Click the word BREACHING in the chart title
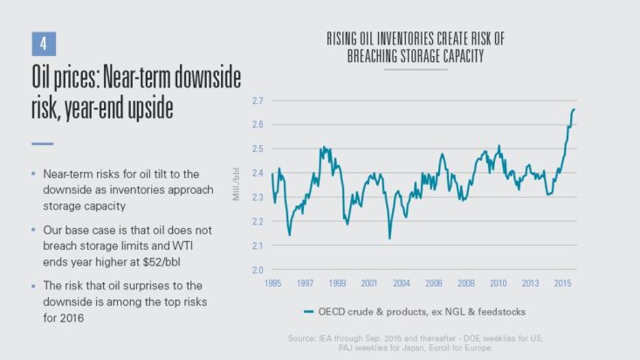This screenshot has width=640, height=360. pos(381,55)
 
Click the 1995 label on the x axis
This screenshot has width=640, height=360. pos(272,285)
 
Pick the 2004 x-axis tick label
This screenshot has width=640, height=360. pos(402,285)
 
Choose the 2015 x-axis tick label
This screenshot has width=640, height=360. pos(563,285)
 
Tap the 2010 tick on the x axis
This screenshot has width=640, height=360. pos(499,285)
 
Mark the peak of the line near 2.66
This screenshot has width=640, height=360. pos(574,110)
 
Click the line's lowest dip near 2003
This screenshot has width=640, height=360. pos(389,238)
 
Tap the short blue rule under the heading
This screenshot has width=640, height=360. pos(43,143)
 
